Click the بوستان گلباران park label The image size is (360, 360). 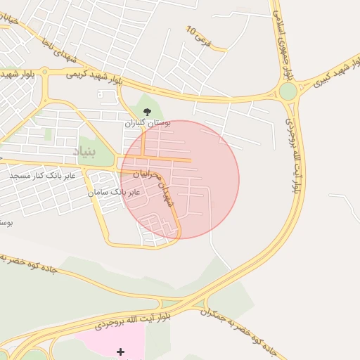click(144, 123)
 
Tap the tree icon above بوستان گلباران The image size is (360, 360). click(147, 112)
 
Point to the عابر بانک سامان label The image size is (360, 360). click(114, 192)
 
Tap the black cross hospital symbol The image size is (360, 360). click(120, 351)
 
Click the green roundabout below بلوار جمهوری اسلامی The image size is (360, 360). click(288, 91)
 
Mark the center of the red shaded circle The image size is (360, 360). click(180, 180)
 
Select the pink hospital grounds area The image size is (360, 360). click(105, 341)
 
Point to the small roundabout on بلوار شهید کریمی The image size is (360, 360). click(45, 71)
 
